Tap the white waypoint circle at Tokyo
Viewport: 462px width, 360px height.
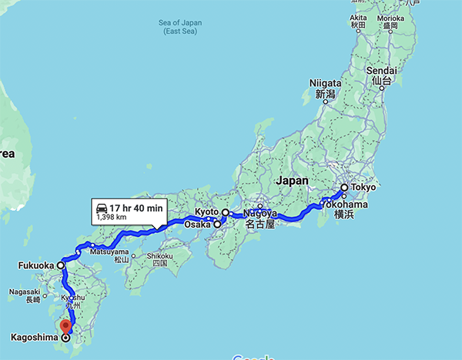point(343,187)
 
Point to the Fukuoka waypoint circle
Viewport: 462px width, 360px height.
point(60,265)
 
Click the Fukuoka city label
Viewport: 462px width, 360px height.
point(35,265)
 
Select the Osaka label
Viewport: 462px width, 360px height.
point(197,225)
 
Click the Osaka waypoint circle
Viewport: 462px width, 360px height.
point(218,225)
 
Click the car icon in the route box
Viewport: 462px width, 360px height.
point(101,208)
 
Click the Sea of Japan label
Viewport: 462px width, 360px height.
point(181,27)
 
